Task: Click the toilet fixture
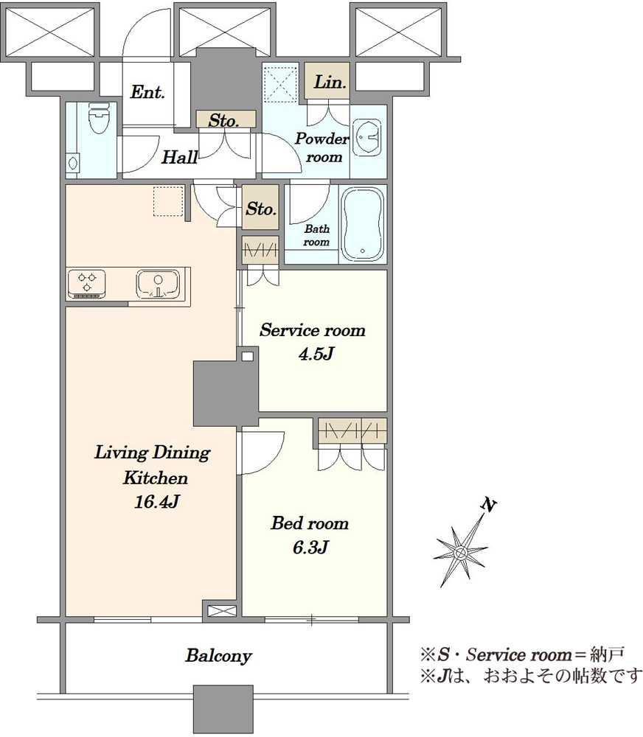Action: pos(98,117)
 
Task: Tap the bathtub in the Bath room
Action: pos(362,224)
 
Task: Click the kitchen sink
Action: pos(158,284)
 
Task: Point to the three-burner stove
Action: pos(86,284)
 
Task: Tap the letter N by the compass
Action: pos(489,506)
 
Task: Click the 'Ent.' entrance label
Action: pos(147,91)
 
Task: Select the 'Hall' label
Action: pos(179,157)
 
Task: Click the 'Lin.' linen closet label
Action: pos(330,83)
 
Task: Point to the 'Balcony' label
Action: pos(218,656)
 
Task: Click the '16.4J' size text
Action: pos(156,502)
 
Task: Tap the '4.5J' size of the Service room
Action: pos(316,354)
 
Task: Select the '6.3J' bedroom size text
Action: pos(310,547)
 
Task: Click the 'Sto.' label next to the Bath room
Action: pos(260,209)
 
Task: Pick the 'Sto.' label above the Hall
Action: pos(224,120)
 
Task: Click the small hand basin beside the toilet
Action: pos(73,163)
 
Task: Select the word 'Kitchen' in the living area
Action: pos(156,478)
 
